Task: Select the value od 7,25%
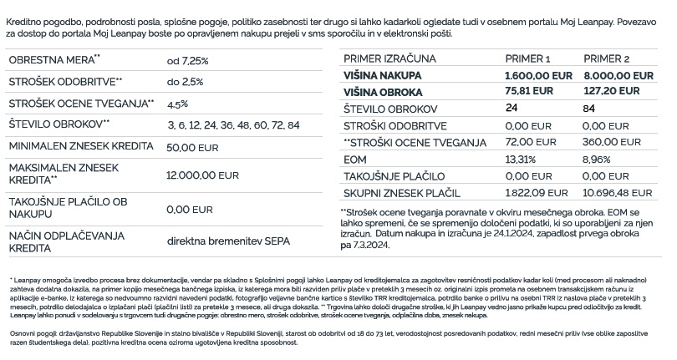188,60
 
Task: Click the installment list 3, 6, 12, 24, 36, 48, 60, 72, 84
233,124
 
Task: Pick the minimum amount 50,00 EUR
193,146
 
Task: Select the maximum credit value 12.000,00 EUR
203,176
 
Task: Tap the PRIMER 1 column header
528,59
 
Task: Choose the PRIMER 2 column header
606,59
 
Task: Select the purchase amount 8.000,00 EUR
618,75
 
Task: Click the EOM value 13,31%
521,159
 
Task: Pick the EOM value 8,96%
598,159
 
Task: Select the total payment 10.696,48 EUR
618,193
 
